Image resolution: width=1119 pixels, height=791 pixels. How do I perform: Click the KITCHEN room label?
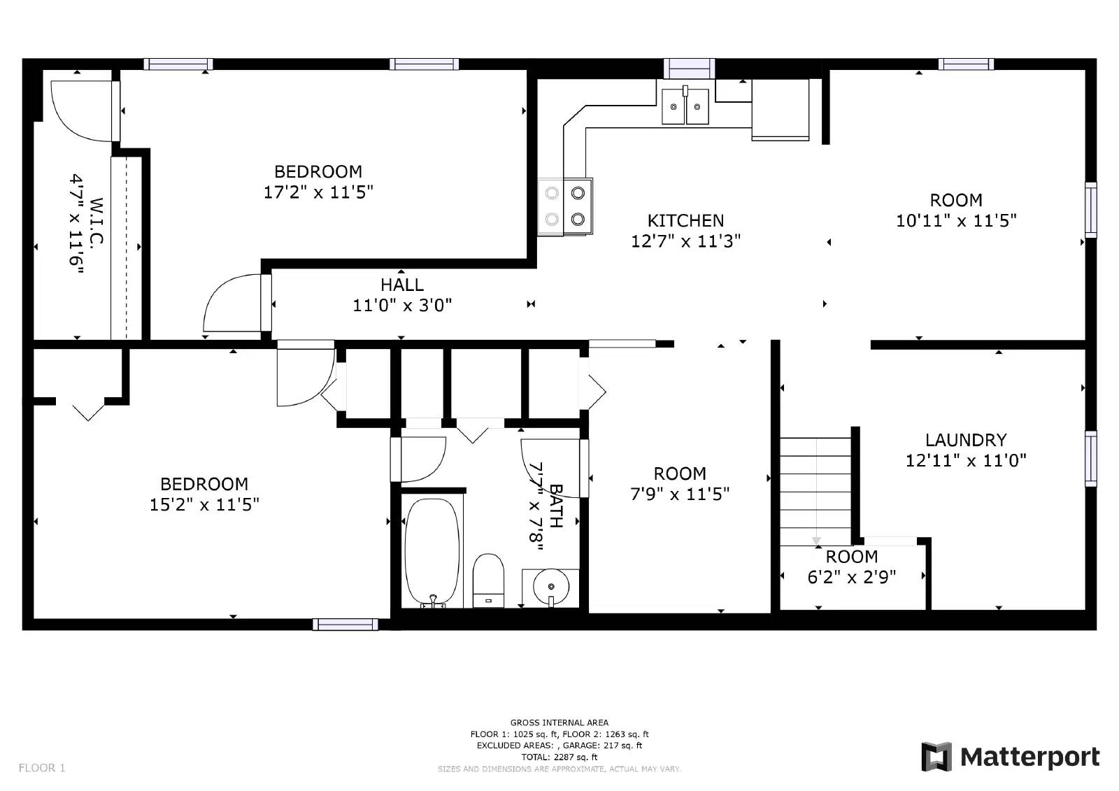[685, 221]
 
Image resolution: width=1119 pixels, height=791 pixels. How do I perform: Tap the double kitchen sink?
[685, 106]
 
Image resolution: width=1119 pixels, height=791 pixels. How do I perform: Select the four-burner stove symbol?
[565, 206]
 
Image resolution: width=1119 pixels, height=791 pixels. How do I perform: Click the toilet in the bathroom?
[488, 580]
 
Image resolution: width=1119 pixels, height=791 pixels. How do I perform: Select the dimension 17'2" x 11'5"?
[318, 192]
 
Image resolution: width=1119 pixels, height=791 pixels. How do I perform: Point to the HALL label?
[402, 285]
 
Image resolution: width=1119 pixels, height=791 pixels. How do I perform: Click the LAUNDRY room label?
[965, 440]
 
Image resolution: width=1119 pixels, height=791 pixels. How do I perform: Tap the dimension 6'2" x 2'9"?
[851, 577]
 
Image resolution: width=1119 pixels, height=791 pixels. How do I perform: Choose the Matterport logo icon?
[936, 757]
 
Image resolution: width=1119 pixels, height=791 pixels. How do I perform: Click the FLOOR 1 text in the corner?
[42, 768]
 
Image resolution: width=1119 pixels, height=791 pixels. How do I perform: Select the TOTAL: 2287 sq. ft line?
[559, 757]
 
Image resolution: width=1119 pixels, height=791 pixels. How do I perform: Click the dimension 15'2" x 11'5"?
[204, 504]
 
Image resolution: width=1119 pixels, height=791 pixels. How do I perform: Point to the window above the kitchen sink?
[689, 68]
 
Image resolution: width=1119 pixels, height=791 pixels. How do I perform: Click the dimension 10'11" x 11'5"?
[955, 221]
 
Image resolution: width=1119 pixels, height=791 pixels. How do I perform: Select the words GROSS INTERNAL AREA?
[559, 722]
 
